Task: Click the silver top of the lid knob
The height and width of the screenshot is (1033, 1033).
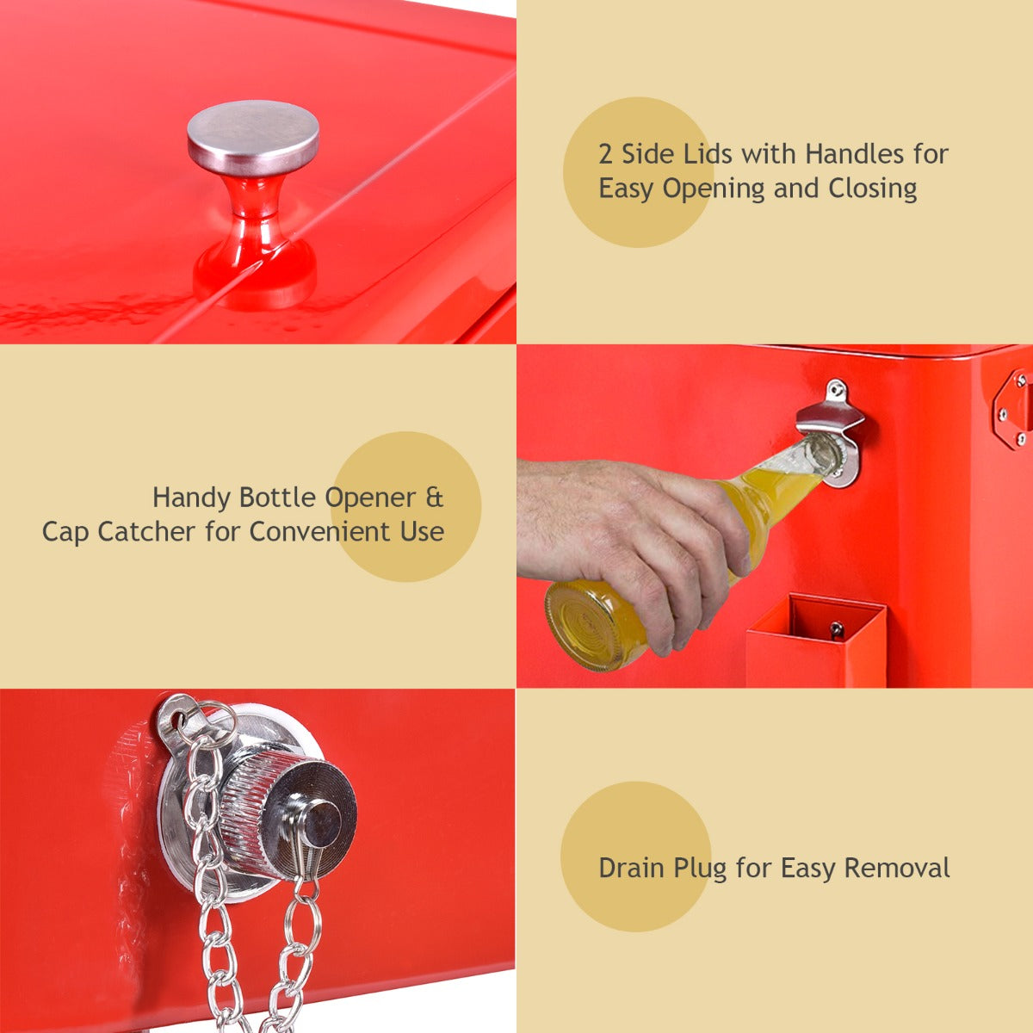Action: point(253,135)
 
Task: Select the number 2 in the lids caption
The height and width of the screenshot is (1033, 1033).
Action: point(605,155)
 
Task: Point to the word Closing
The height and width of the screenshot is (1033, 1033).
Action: point(872,189)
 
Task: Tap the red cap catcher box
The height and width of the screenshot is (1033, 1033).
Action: point(815,640)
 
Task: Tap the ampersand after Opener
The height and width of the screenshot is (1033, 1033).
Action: point(435,498)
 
